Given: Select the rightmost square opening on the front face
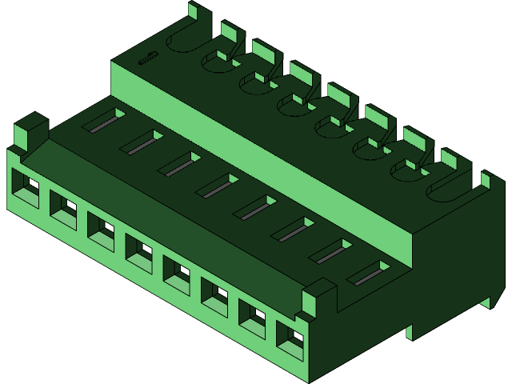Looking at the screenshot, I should pos(290,340).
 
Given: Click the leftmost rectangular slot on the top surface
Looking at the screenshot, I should pos(104,121).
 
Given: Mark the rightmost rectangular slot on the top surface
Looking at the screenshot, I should pos(368,274).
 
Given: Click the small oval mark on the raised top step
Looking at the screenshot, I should pos(147,57).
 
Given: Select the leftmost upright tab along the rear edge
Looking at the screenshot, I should pos(193,10).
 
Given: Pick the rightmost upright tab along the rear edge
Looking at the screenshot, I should pos(485,179).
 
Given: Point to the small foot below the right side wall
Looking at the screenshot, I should pos(410,330).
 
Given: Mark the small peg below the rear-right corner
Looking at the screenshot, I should pos(486,302).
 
